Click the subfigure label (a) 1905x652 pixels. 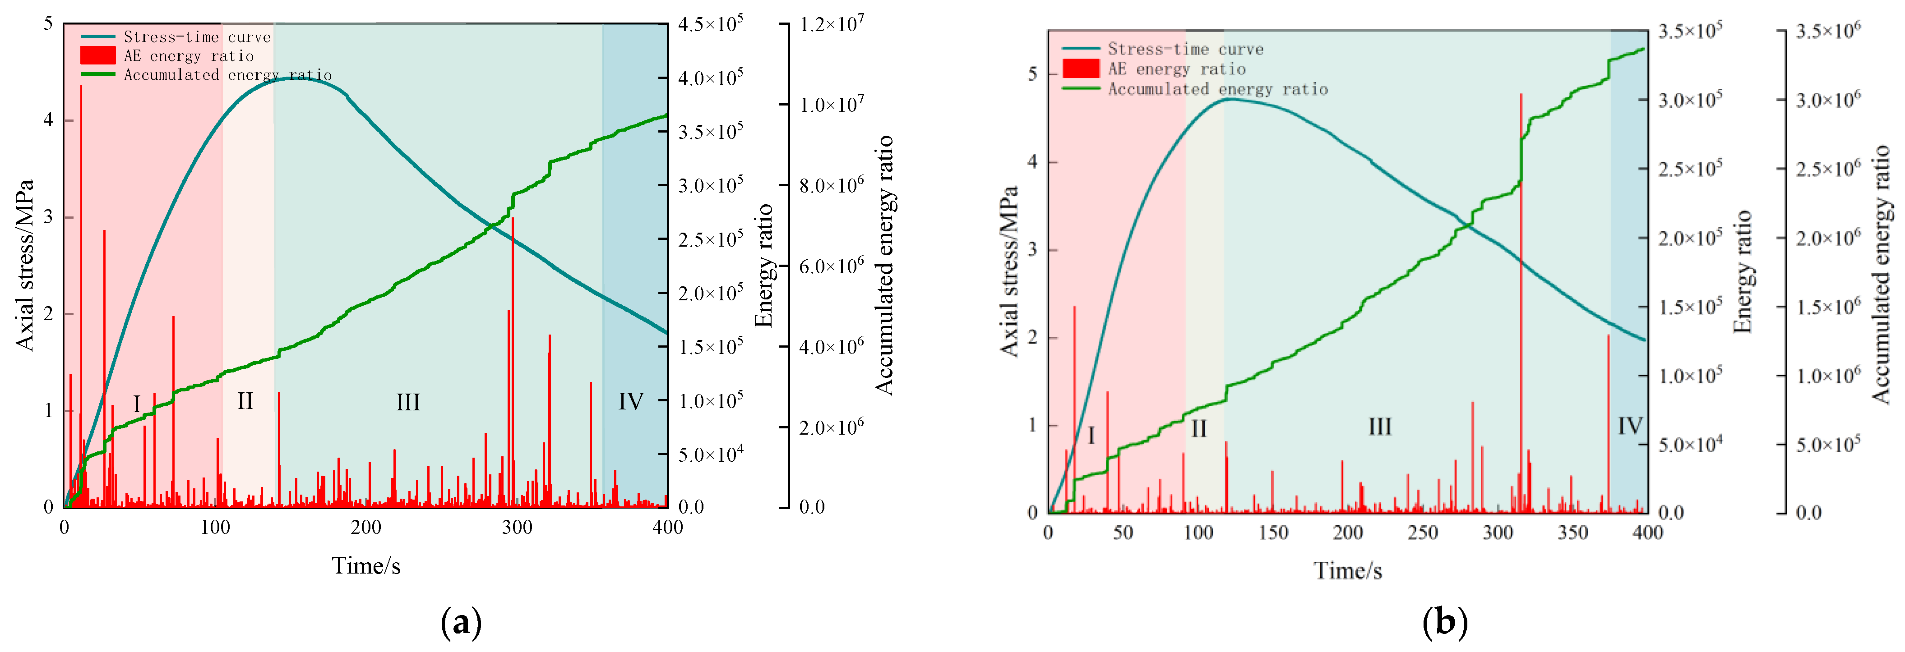coord(461,622)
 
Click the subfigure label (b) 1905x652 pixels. coord(1444,622)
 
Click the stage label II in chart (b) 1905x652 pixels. coord(1199,429)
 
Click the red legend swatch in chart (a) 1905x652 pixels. coord(97,55)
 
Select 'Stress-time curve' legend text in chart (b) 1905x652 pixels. coord(1185,49)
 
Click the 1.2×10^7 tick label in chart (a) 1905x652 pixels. coord(831,24)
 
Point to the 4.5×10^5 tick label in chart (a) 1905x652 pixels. coord(710,24)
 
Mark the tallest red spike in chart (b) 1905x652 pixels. coord(1521,95)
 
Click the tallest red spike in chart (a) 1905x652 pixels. coord(81,87)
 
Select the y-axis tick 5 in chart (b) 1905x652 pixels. coord(1032,74)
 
